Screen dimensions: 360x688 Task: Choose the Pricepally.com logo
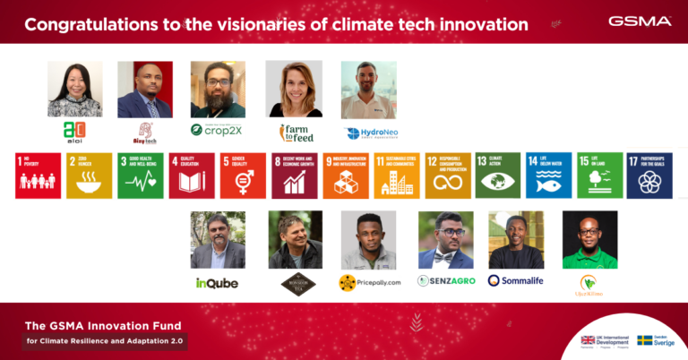(367, 283)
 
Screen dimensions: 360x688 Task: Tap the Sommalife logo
(515, 280)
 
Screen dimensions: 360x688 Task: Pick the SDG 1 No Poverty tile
(39, 176)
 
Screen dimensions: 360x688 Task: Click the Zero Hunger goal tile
(90, 176)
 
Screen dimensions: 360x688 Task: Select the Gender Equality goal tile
(243, 176)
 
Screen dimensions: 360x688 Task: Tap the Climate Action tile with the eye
(499, 176)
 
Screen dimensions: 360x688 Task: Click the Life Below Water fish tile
(549, 176)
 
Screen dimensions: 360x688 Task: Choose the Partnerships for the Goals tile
(649, 176)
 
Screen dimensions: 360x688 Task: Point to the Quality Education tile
(192, 176)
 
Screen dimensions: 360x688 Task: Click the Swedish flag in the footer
(644, 340)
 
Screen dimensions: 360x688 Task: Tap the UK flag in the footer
(589, 339)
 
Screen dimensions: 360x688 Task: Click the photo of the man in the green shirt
(589, 239)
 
